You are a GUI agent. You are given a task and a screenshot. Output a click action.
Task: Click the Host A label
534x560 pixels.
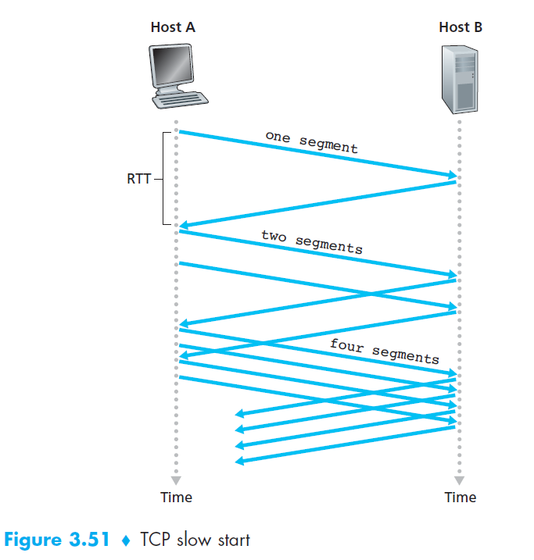[x=173, y=27]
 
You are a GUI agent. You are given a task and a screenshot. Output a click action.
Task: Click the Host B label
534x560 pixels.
[x=461, y=27]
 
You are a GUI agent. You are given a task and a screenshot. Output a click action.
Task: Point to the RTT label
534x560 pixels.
[x=139, y=178]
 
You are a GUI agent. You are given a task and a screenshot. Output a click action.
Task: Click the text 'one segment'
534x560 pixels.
[x=311, y=142]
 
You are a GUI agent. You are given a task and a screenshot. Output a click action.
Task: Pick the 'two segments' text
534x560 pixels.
[x=311, y=241]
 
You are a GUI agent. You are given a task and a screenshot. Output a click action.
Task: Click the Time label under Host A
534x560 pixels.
[x=176, y=498]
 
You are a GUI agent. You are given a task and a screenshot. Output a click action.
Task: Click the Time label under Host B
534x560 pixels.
[x=460, y=498]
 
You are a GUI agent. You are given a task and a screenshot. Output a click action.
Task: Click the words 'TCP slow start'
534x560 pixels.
[x=195, y=540]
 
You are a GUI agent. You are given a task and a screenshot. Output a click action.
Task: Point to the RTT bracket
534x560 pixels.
[x=166, y=178]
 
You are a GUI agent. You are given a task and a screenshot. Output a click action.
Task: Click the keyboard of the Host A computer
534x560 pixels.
[x=181, y=101]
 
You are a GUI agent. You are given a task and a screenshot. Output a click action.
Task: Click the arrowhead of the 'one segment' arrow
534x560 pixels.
[x=453, y=175]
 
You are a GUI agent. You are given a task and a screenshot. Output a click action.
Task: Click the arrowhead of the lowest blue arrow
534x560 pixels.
[x=239, y=462]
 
